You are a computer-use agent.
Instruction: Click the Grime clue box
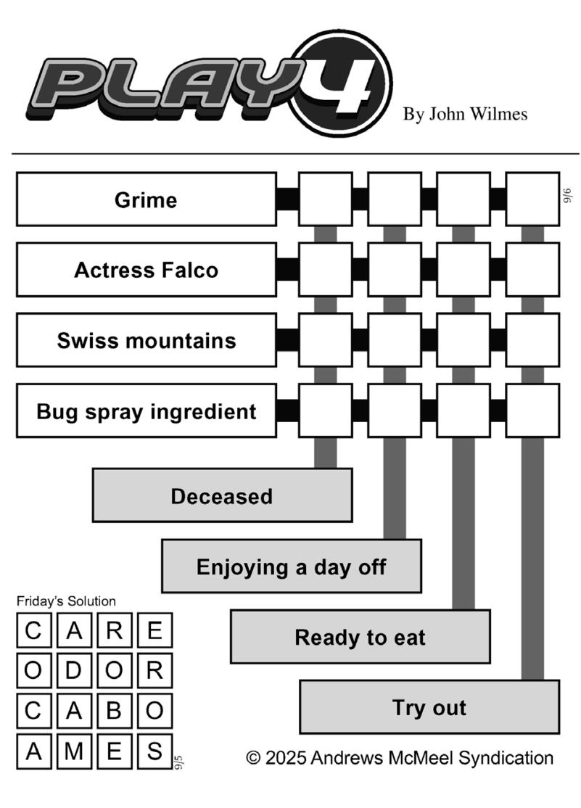(x=147, y=199)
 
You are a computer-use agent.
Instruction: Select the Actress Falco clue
(x=147, y=270)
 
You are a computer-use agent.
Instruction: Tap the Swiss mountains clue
(x=147, y=340)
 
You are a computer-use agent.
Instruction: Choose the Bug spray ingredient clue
(x=147, y=411)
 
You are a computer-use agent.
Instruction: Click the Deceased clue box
(x=222, y=495)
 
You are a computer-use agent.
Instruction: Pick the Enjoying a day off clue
(x=292, y=566)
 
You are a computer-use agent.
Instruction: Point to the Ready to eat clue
(x=360, y=637)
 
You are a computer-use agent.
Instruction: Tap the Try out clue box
(x=429, y=707)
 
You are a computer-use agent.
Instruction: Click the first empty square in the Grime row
(x=325, y=199)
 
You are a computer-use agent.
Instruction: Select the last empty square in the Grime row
(x=532, y=199)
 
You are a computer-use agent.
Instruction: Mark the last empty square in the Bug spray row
(x=532, y=411)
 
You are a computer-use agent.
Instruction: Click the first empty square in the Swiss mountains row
(x=325, y=340)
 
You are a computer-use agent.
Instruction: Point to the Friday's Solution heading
(x=66, y=601)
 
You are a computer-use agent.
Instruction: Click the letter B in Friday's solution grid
(x=114, y=711)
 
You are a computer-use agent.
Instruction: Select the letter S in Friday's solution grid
(x=154, y=751)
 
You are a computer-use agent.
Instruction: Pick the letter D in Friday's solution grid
(x=74, y=670)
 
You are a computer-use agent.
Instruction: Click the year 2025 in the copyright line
(x=286, y=758)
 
